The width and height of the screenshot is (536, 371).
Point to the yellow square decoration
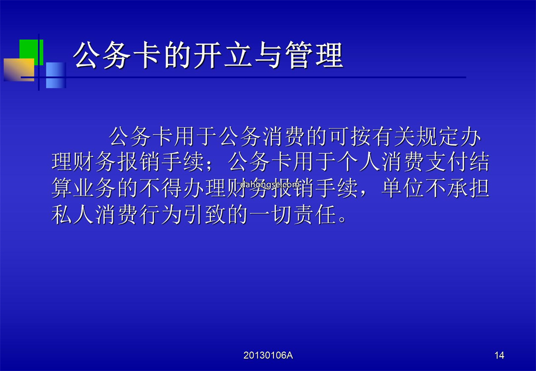coord(19,70)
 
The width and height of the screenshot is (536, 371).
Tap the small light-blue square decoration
coord(56,75)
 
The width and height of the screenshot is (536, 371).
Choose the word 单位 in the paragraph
coord(403,188)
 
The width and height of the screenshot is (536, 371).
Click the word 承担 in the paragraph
coord(469,188)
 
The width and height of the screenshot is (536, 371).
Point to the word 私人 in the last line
coord(73,215)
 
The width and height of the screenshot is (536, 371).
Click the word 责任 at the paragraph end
coord(315,215)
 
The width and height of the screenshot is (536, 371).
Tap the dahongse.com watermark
coord(270,185)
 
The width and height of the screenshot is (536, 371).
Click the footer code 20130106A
coord(268,355)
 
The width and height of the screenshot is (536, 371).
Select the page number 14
coord(499,355)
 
